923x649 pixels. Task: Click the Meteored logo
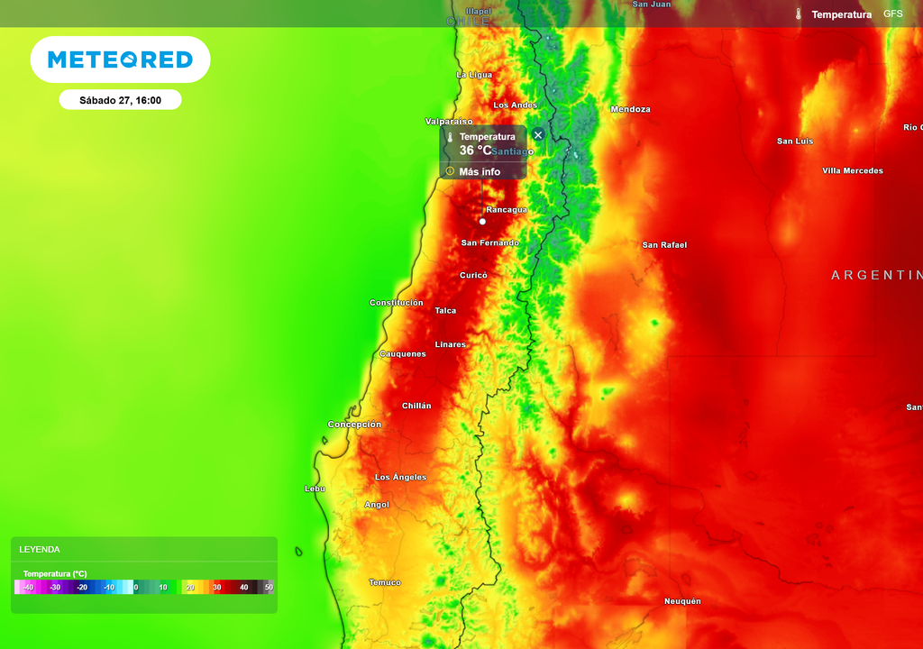coord(120,59)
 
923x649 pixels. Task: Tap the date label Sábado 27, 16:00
coord(120,100)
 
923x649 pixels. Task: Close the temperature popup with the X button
coord(538,135)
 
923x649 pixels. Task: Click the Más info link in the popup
coord(479,171)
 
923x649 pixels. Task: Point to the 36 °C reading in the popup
coord(475,151)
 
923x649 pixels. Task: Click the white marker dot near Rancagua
coord(482,221)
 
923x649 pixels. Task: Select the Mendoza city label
coord(630,109)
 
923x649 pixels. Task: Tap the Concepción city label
coord(354,424)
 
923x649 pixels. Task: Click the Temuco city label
coord(385,582)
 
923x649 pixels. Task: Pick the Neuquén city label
coord(682,601)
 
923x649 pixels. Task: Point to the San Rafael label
coord(664,244)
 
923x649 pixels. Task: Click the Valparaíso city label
coord(449,121)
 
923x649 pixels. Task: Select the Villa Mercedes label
coord(853,170)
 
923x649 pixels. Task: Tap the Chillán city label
coord(416,406)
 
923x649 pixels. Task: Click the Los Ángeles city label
coord(401,477)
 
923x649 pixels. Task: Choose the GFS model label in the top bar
coord(892,14)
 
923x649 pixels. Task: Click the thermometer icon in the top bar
coord(798,14)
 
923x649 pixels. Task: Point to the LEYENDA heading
coord(40,549)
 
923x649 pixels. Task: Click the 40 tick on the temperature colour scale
coord(243,587)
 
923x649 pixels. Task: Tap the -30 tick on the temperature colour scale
coord(55,587)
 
